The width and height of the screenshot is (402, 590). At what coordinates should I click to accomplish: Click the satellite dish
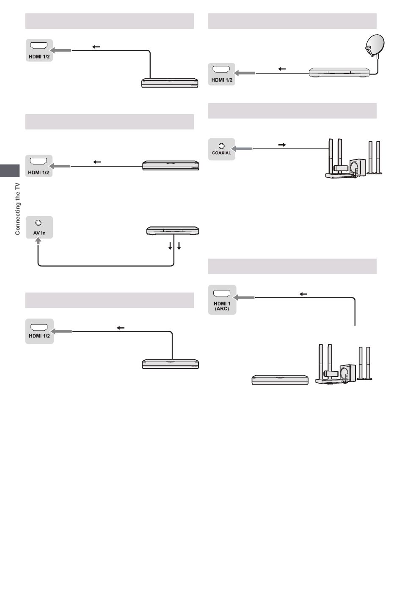tap(374, 45)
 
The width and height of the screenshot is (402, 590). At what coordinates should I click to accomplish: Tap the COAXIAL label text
tap(221, 153)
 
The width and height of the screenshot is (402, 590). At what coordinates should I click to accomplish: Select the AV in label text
tap(39, 233)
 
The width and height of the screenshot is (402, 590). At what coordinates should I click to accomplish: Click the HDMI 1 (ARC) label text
tap(222, 306)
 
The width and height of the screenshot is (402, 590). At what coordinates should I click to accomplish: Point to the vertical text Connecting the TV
tap(17, 209)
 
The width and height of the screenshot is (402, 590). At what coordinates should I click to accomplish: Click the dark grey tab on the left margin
tap(10, 171)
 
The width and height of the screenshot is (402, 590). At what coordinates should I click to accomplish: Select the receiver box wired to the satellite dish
tap(339, 72)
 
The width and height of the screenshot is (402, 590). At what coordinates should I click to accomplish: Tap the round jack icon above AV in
tap(38, 223)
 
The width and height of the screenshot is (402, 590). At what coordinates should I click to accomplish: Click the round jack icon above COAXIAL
tap(222, 146)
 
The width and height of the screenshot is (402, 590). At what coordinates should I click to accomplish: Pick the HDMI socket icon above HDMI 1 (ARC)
tap(222, 294)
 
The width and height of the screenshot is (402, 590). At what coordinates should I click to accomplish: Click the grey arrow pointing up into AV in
tap(38, 241)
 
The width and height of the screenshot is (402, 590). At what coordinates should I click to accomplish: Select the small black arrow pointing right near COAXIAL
tap(282, 145)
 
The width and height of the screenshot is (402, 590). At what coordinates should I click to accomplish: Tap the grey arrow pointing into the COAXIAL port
tap(242, 149)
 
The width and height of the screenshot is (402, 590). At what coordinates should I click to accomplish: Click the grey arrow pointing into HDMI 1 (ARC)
tap(244, 298)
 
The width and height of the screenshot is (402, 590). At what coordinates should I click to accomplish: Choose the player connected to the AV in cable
tap(173, 231)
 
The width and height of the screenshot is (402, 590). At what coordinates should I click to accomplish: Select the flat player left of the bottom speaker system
tap(280, 380)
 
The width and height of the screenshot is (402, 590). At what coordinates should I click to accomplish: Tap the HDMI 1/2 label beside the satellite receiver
tap(222, 80)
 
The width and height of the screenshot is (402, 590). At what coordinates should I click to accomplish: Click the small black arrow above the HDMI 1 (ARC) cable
tap(303, 294)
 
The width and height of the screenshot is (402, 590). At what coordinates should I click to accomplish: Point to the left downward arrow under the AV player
tap(170, 246)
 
